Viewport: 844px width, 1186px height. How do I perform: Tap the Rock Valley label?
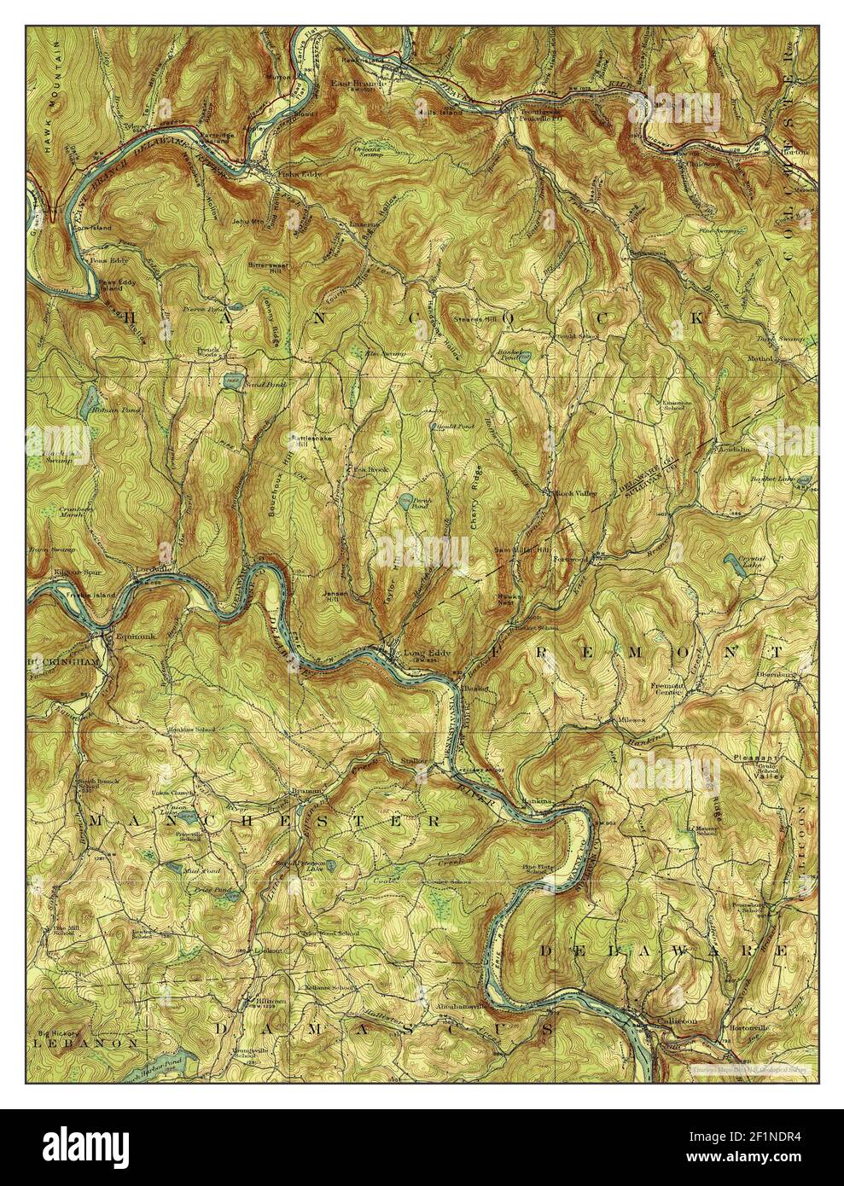click(x=578, y=493)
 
